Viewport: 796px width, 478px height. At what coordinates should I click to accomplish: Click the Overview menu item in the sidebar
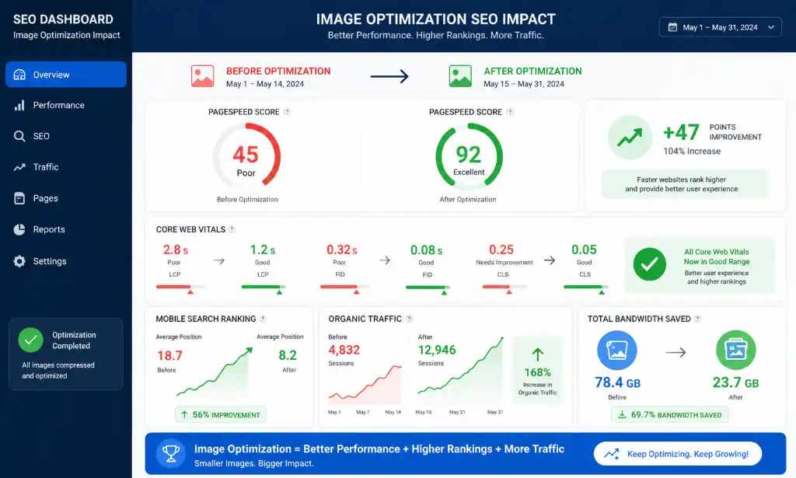(66, 75)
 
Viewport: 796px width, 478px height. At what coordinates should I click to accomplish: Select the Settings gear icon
(19, 261)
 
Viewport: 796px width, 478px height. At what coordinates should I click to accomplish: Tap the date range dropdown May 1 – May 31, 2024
(720, 27)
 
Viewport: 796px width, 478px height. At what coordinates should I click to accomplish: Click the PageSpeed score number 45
(246, 155)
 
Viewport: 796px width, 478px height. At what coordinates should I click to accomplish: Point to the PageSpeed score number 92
(468, 155)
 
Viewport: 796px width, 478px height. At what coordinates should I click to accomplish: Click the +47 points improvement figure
(681, 132)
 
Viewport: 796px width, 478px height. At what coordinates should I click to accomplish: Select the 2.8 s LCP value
(176, 249)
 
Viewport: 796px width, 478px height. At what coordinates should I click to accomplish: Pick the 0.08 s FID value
(427, 250)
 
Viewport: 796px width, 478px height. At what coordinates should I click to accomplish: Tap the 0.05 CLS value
(584, 249)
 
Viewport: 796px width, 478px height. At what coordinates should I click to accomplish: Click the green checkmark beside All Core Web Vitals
(649, 264)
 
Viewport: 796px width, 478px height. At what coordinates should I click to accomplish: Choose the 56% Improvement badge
(221, 414)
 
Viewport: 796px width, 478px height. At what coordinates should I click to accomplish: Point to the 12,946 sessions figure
(437, 350)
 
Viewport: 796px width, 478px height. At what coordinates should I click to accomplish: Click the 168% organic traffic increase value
(538, 372)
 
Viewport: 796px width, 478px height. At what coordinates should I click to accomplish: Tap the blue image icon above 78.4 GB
(616, 350)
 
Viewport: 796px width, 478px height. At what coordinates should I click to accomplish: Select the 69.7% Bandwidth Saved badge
(669, 414)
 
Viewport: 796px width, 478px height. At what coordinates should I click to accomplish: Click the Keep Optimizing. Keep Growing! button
(678, 454)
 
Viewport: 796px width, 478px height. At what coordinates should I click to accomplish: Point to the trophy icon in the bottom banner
(170, 453)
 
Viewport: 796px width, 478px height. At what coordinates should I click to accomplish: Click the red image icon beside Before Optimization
(203, 76)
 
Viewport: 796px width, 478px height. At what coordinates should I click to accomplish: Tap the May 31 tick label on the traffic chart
(495, 412)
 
